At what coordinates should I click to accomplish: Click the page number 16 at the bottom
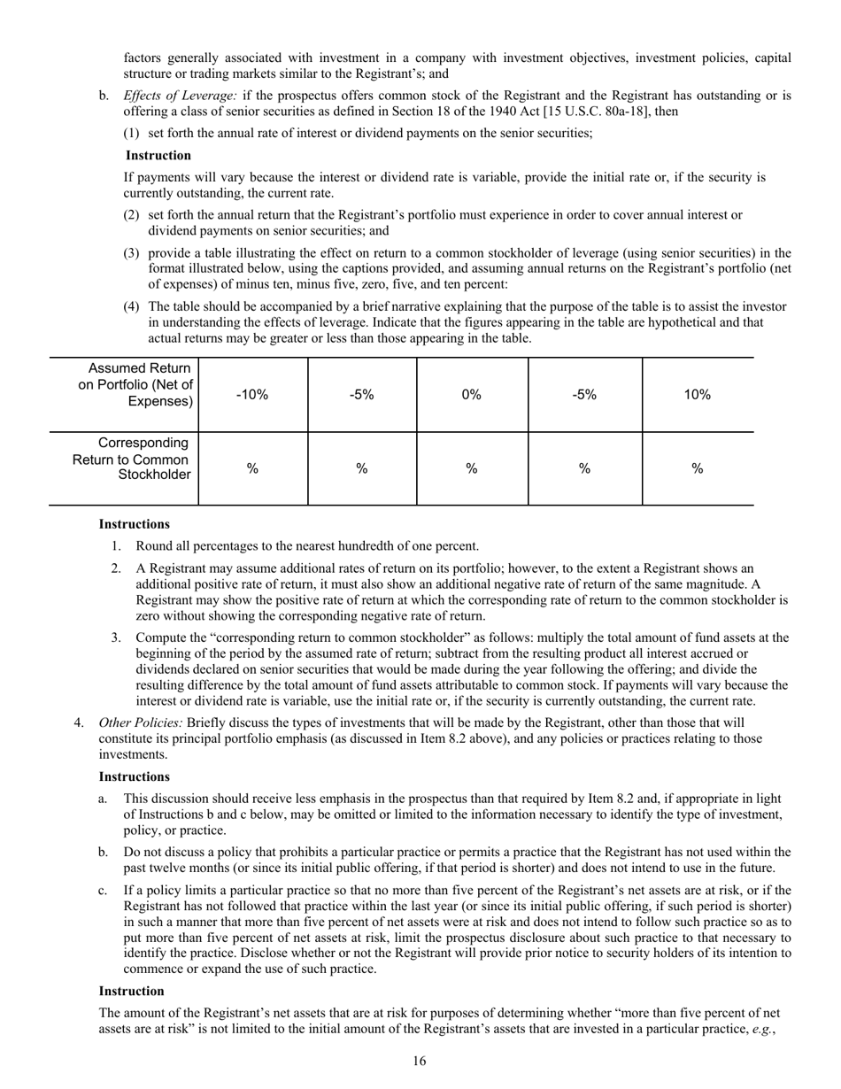[x=420, y=1062]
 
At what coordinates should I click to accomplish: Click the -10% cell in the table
[x=252, y=395]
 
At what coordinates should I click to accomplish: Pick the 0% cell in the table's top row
[x=472, y=395]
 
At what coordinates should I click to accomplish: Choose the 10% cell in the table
[x=698, y=395]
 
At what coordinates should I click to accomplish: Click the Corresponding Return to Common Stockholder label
[x=132, y=459]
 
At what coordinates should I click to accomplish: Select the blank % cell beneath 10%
[x=698, y=468]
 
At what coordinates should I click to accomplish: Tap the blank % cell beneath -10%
[x=252, y=468]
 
